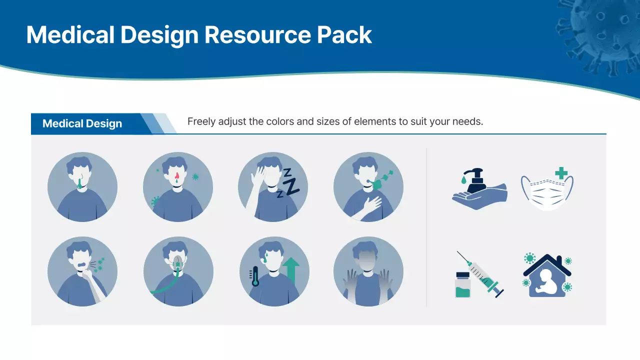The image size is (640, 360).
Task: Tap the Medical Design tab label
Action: click(x=82, y=124)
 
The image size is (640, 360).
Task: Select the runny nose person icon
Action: click(x=82, y=186)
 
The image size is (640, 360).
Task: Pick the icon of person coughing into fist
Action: click(x=82, y=271)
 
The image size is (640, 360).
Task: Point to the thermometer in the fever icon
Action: click(x=255, y=276)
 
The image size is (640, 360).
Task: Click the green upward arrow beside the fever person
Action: click(x=290, y=270)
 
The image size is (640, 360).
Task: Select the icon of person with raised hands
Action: click(x=368, y=271)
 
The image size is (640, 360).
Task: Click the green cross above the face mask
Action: click(x=561, y=172)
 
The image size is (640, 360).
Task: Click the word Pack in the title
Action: click(x=345, y=35)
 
